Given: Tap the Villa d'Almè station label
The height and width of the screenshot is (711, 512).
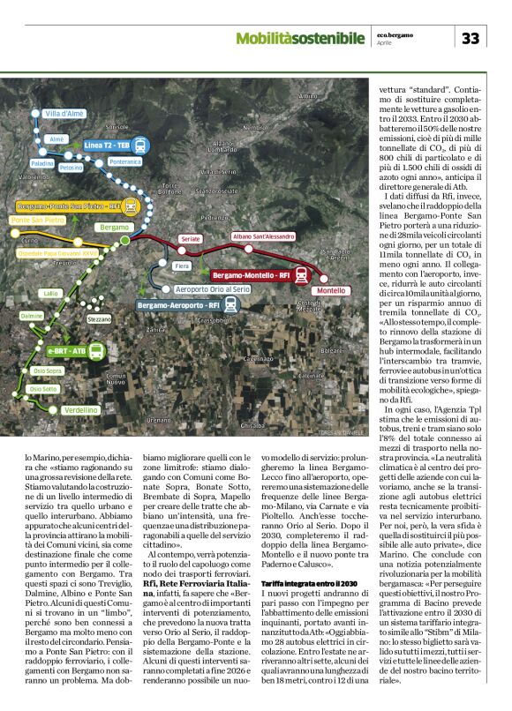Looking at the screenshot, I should [x=64, y=115].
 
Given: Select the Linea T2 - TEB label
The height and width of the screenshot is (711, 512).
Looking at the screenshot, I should [x=107, y=144].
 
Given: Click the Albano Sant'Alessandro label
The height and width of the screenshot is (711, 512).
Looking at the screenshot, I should [x=263, y=236].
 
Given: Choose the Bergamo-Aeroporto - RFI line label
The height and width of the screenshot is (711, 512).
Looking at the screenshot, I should [x=177, y=304].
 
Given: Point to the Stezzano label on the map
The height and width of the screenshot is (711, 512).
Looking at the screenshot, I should [x=100, y=318].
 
